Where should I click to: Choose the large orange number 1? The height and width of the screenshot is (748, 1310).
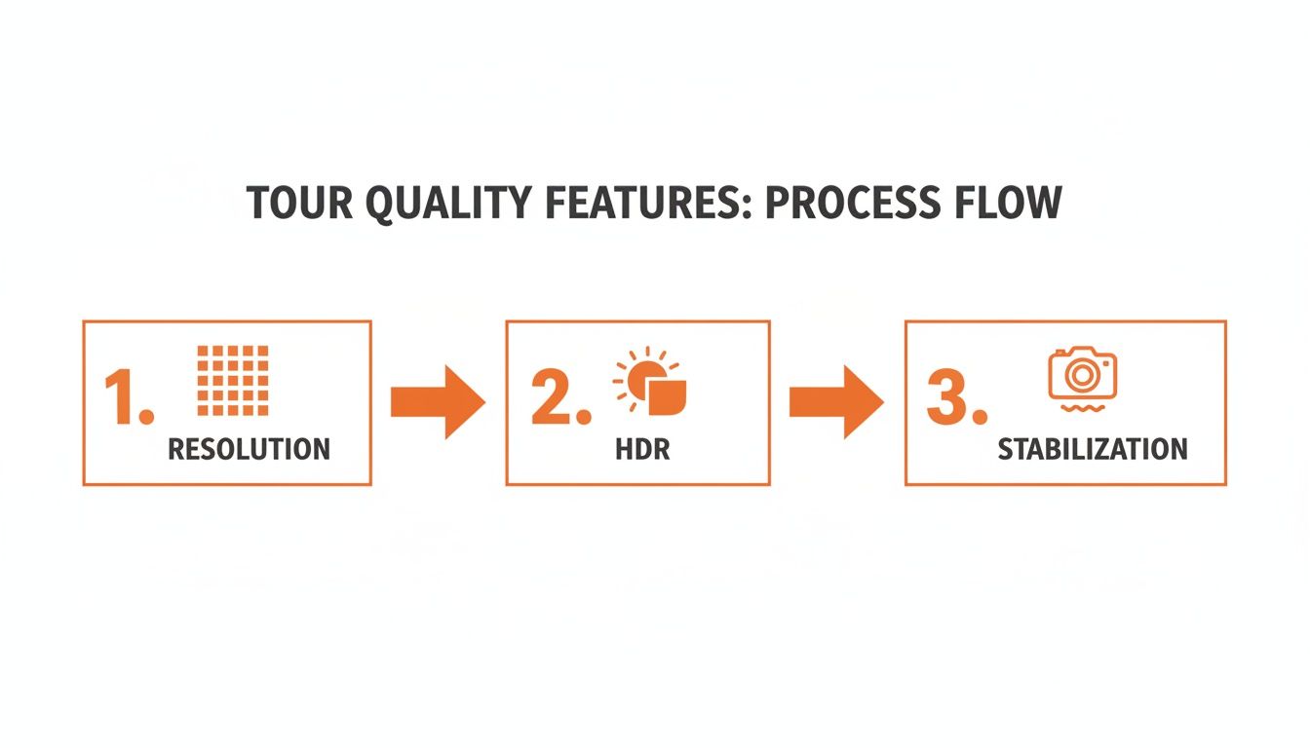(x=127, y=399)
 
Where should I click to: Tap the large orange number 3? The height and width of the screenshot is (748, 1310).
(x=953, y=399)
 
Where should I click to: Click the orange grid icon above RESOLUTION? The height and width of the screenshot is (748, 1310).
(x=232, y=380)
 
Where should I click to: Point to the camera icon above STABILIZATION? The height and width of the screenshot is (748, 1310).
(x=1082, y=374)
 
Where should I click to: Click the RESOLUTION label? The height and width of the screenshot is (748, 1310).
(x=249, y=449)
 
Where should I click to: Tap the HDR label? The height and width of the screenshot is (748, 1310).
(x=642, y=449)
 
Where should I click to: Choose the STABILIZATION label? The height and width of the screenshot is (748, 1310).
(x=1093, y=449)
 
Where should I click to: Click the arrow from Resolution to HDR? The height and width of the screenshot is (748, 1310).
(x=438, y=401)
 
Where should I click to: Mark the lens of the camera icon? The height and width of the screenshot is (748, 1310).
(x=1082, y=374)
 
